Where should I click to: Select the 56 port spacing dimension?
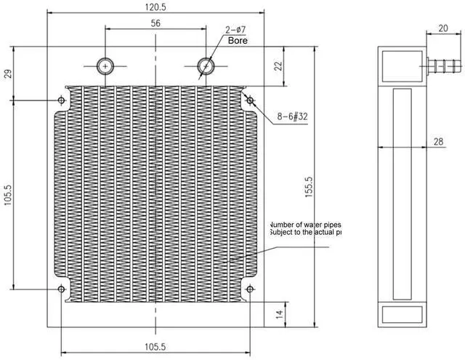[155, 23]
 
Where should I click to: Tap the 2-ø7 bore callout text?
[237, 30]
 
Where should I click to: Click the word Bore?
[238, 41]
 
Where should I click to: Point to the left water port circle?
[106, 65]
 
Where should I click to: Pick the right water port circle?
[206, 65]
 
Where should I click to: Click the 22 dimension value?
[278, 66]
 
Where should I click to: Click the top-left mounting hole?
[61, 100]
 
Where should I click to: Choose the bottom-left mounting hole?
[61, 289]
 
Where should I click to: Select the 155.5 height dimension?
[308, 188]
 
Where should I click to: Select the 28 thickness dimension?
[439, 142]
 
